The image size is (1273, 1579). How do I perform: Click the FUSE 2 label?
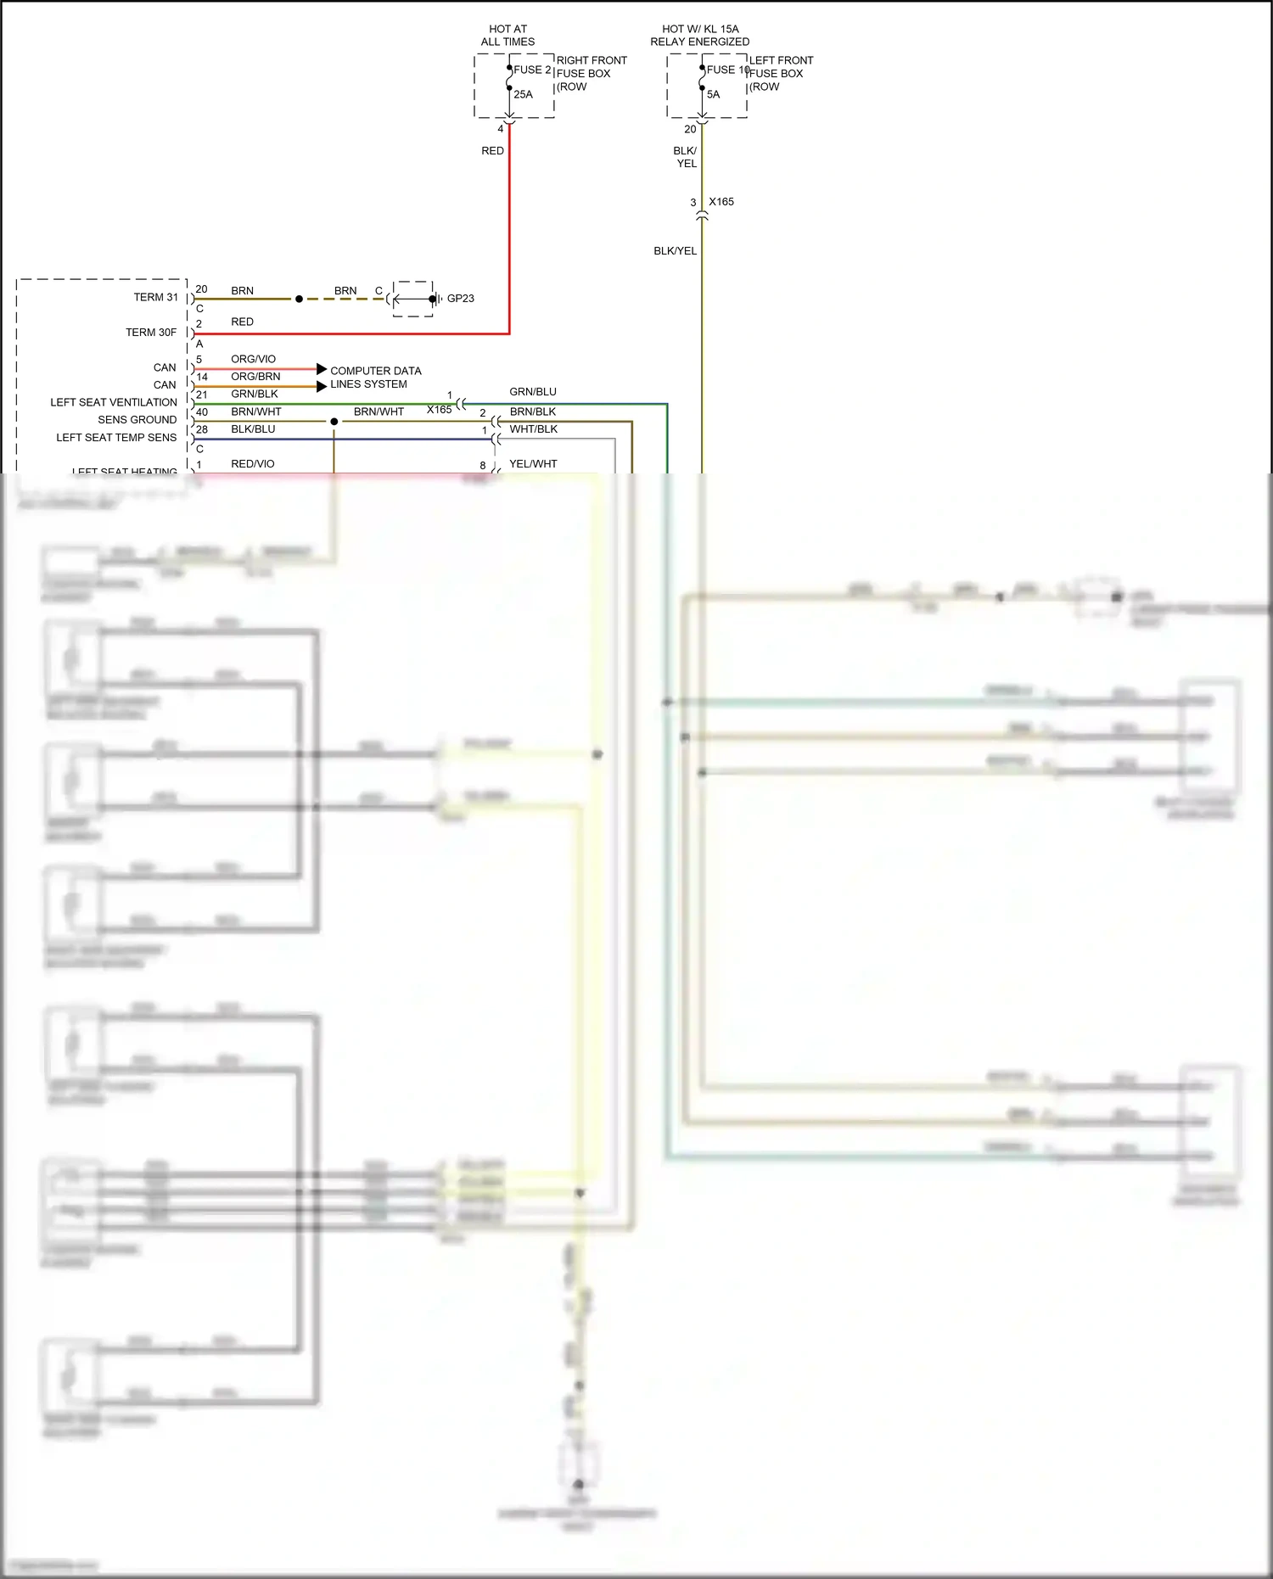pos(532,70)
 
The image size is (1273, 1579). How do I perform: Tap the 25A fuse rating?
pos(523,94)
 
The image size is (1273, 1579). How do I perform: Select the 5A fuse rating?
pos(713,94)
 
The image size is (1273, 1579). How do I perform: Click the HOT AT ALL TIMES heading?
pos(508,35)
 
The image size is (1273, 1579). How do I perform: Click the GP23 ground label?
pos(460,299)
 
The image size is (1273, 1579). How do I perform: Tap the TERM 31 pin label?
pos(155,297)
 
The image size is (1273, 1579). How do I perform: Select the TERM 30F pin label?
pos(151,333)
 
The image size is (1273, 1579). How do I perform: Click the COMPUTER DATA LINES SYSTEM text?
pos(375,378)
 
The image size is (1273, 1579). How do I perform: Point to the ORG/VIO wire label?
pos(253,359)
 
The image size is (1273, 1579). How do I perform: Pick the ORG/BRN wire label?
pos(255,377)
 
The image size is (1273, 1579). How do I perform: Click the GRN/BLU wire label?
pos(533,392)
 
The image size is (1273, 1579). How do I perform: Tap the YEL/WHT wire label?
pos(533,464)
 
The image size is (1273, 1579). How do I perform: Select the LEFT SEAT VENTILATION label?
pos(114,402)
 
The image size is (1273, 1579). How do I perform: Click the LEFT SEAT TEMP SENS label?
pos(116,438)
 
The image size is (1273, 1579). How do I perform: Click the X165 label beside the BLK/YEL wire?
pos(721,202)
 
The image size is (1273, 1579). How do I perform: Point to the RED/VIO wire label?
pos(253,464)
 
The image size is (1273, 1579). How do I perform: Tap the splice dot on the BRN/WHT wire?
pos(334,422)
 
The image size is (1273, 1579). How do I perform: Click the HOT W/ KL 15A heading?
pos(700,35)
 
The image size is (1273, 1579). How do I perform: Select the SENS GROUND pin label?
pos(137,420)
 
